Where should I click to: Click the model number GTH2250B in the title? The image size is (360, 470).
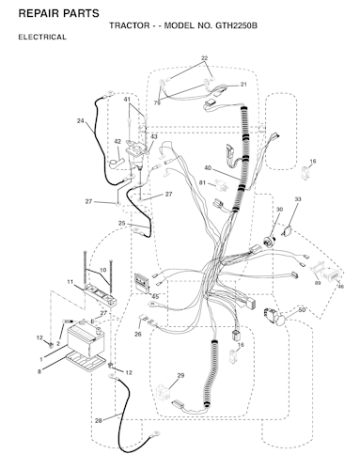pyautogui.click(x=236, y=25)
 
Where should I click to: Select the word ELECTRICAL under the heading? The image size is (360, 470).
pyautogui.click(x=42, y=37)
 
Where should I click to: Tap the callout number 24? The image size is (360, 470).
pyautogui.click(x=81, y=120)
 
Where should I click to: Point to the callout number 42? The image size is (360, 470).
pyautogui.click(x=117, y=142)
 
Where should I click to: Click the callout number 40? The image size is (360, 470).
pyautogui.click(x=208, y=168)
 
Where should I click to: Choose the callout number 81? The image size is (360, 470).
pyautogui.click(x=203, y=182)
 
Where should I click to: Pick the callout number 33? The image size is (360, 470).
pyautogui.click(x=298, y=199)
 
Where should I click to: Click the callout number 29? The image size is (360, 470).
pyautogui.click(x=180, y=375)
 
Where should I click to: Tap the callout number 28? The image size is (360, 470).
pyautogui.click(x=99, y=421)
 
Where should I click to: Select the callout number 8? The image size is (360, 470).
pyautogui.click(x=39, y=372)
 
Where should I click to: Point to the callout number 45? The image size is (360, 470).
pyautogui.click(x=155, y=296)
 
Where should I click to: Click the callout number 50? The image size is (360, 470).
pyautogui.click(x=302, y=310)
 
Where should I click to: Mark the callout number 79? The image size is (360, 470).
pyautogui.click(x=157, y=102)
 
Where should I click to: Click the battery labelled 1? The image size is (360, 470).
pyautogui.click(x=86, y=341)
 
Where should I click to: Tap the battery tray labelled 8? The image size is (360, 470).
pyautogui.click(x=86, y=361)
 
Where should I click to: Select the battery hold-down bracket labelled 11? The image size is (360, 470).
pyautogui.click(x=101, y=295)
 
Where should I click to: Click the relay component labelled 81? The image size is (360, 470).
pyautogui.click(x=220, y=185)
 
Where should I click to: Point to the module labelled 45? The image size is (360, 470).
pyautogui.click(x=142, y=283)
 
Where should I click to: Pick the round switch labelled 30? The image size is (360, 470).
pyautogui.click(x=270, y=242)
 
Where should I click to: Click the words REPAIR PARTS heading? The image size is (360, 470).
pyautogui.click(x=59, y=13)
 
